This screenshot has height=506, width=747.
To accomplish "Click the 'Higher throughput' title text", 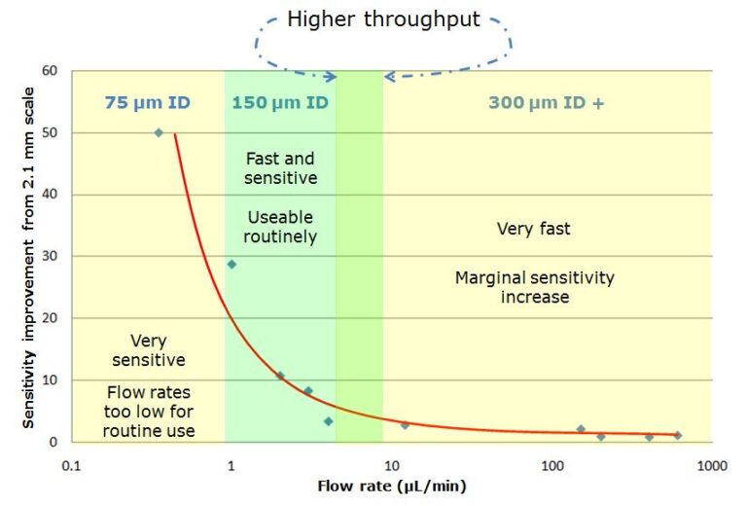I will coord(383,19).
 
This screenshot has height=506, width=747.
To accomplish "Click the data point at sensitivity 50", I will coord(159,132).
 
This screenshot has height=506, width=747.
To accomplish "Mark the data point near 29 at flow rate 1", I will coord(231,264).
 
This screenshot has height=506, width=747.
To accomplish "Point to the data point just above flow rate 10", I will coord(405,425).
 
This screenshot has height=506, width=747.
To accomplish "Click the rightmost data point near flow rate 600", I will coord(678,435).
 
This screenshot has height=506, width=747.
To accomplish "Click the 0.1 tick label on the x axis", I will coord(71,465).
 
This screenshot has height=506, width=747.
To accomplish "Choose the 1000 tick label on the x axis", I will coord(711,465).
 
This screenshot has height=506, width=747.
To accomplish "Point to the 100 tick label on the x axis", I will coord(551,465).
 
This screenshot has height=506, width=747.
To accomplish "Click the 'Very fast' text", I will coord(534,230).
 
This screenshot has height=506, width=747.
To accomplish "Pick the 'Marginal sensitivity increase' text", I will coord(534,287).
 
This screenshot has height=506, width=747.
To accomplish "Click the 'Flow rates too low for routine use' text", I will coord(149,411).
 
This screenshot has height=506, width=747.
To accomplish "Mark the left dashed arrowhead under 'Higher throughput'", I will coord(331,76).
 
